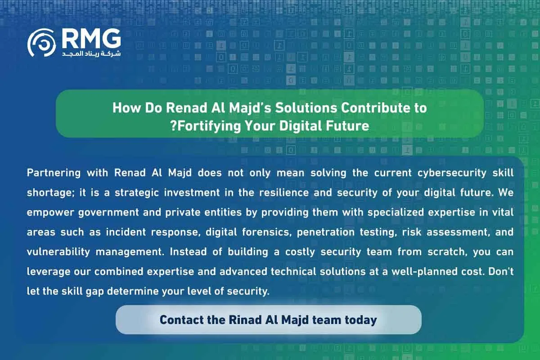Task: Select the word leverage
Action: coord(47,272)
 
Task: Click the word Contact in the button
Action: coord(179,320)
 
